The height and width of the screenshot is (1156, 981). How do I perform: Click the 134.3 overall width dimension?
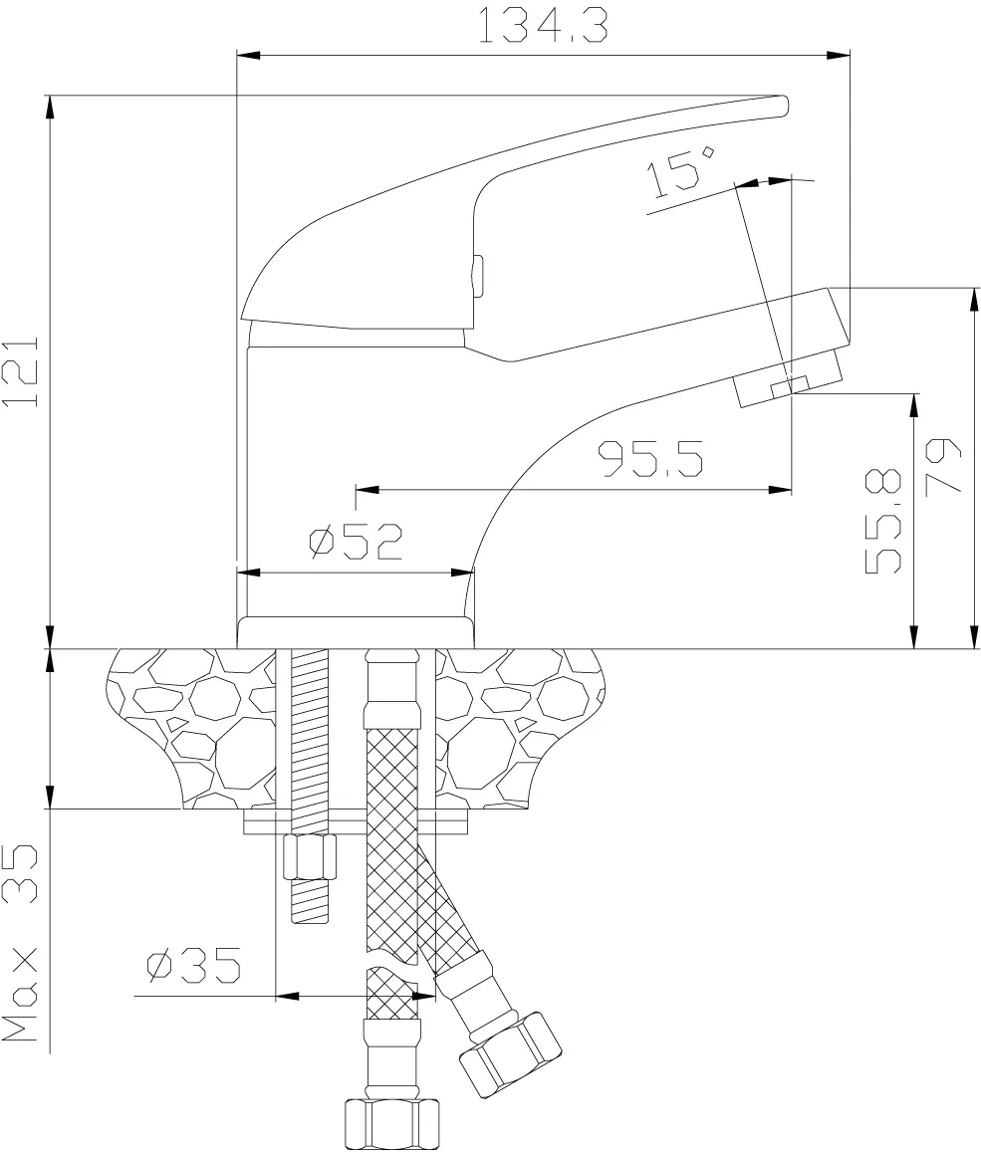544,25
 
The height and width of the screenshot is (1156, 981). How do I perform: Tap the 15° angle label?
679,170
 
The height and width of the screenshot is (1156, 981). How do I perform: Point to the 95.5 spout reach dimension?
649,459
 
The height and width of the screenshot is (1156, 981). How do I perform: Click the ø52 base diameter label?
356,542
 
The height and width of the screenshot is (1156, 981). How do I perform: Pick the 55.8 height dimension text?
882,521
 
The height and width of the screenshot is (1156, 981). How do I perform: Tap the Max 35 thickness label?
20,943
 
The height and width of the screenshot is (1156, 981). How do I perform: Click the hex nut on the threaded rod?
309,857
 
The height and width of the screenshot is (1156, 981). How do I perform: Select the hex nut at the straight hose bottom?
391,1124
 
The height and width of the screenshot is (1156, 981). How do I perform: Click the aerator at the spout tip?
789,379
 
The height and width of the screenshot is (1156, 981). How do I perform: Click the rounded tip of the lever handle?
783,107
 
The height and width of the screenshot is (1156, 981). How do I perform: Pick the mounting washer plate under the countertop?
357,822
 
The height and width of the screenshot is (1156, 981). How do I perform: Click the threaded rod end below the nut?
309,902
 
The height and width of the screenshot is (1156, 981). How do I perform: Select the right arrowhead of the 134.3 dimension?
838,55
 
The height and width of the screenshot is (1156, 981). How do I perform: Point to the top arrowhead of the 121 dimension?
50,108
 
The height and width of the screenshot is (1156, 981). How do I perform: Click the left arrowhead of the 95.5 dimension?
368,489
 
